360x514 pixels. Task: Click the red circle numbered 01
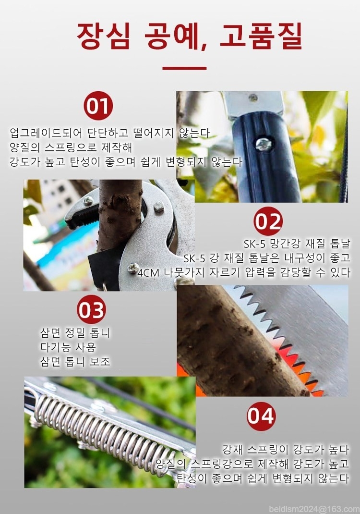click(98, 106)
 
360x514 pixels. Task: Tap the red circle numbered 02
click(268, 221)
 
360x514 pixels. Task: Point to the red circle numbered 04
click(261, 416)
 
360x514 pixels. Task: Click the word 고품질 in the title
click(260, 36)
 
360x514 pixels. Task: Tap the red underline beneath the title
click(184, 68)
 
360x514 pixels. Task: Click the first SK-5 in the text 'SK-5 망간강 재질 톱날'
click(254, 244)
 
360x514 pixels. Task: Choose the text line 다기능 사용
click(68, 347)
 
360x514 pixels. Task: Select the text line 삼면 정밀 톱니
click(75, 333)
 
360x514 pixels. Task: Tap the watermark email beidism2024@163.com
click(314, 509)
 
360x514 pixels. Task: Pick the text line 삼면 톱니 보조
click(75, 361)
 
